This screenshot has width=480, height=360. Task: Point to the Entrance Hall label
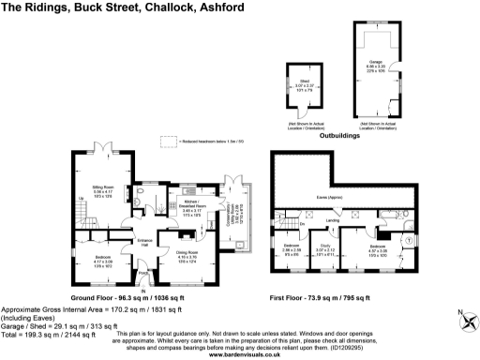tap(145, 241)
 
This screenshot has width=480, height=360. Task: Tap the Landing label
tap(332, 221)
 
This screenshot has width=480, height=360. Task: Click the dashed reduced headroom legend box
tap(167, 141)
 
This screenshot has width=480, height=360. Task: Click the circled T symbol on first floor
tap(410, 240)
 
